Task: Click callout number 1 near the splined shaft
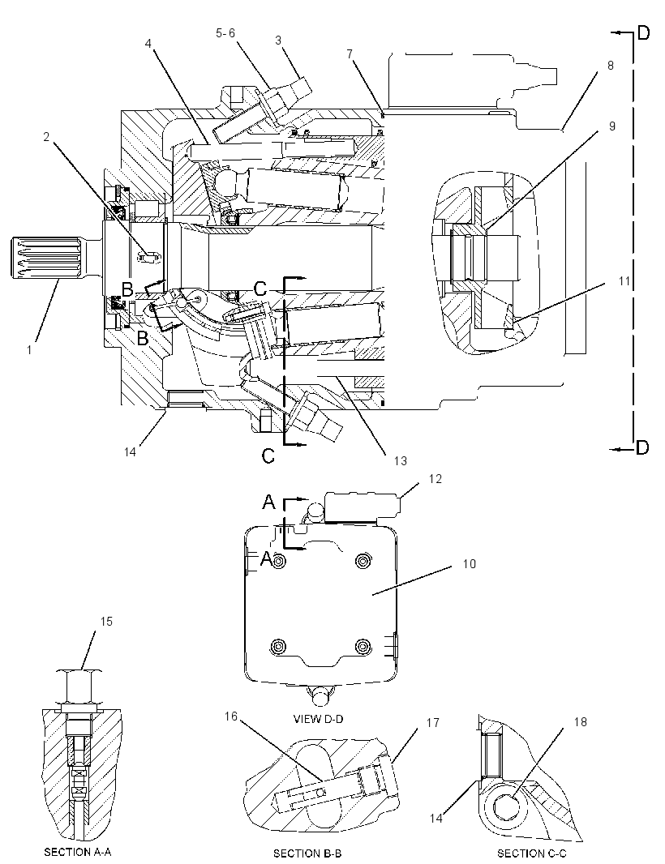[x=30, y=349]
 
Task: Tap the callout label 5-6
[x=225, y=33]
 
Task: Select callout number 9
[x=612, y=126]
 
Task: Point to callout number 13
[x=400, y=460]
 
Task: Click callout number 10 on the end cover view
[x=470, y=563]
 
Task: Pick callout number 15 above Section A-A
[x=106, y=622]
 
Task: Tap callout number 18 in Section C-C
[x=581, y=722]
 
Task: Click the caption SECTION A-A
[x=78, y=852]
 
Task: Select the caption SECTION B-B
[x=307, y=853]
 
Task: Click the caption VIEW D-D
[x=319, y=719]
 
